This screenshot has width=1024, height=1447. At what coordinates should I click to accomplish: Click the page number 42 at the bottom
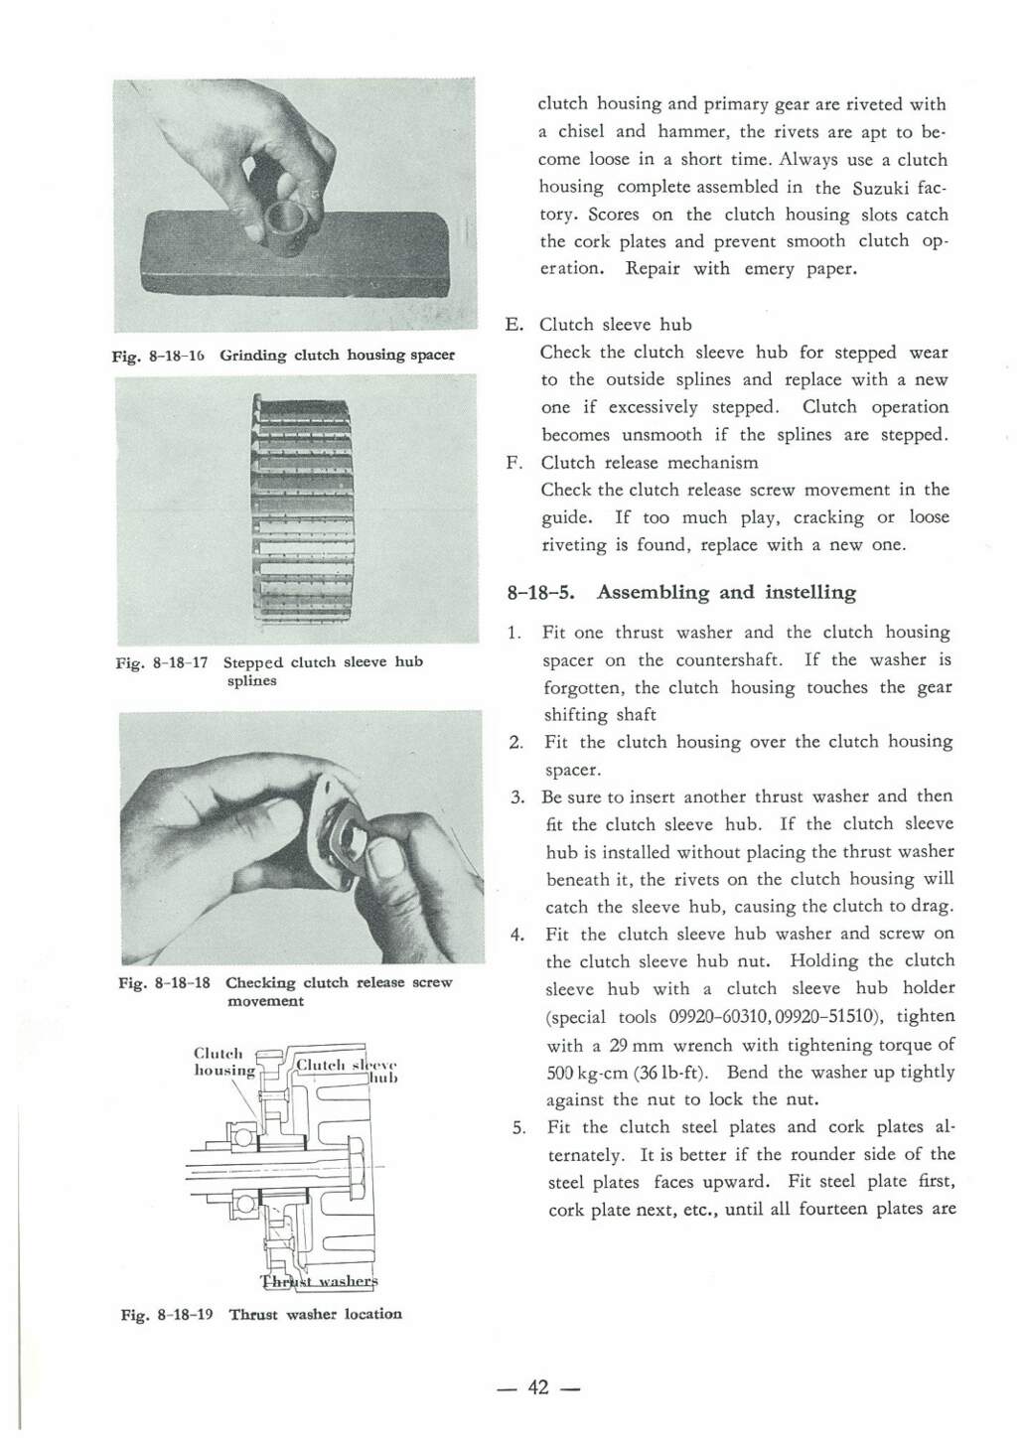point(538,1387)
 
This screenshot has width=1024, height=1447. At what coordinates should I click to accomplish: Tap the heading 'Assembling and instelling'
point(726,592)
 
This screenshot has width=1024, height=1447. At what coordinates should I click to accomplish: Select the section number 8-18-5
point(540,592)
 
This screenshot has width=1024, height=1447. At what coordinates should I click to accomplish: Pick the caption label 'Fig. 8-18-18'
point(165,983)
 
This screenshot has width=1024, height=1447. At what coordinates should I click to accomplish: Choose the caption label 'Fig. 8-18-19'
point(167,1315)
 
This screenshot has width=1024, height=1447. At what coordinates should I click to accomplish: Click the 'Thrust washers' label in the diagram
point(319,1281)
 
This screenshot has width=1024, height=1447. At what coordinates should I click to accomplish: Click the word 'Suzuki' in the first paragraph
point(881,188)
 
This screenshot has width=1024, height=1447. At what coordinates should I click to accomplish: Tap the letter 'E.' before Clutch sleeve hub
point(514,325)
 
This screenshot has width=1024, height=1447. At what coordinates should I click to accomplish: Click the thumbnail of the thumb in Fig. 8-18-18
point(385,859)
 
